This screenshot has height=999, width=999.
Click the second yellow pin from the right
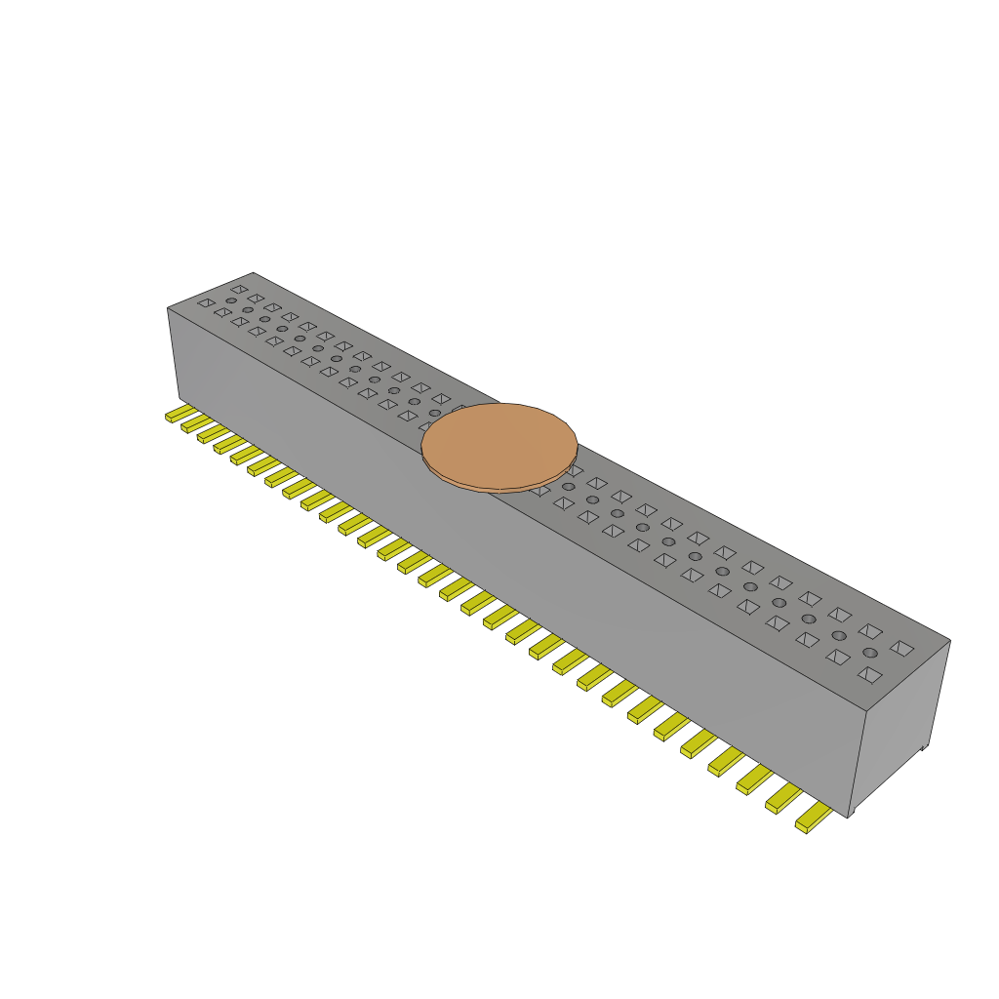[783, 798]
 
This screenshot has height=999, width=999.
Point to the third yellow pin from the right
[754, 778]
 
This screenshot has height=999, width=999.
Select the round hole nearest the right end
[869, 653]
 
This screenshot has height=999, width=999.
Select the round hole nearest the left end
[231, 300]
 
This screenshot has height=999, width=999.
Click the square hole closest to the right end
[901, 647]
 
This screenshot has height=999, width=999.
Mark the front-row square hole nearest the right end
[869, 674]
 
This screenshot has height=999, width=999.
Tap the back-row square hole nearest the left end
[239, 289]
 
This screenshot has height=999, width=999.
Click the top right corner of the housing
[949, 641]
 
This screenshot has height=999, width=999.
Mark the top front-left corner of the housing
[168, 308]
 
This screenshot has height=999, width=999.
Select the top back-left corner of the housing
[253, 273]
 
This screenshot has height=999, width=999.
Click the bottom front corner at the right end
[849, 817]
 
